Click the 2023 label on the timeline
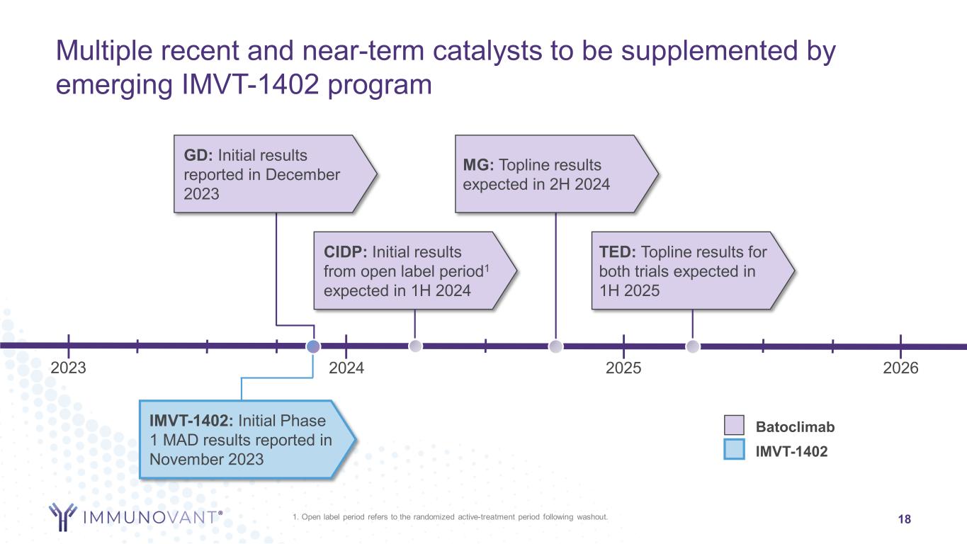point(69,368)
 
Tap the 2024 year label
point(346,368)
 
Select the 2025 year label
point(624,368)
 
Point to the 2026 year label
point(900,368)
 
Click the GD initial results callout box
point(269,174)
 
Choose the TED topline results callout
point(687,271)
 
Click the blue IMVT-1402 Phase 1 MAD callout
point(241,439)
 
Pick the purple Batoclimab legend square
point(734,426)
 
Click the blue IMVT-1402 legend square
point(734,450)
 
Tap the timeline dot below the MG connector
point(556,346)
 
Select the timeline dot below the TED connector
point(693,346)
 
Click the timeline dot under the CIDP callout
point(416,346)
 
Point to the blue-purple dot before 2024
point(314,346)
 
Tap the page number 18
point(904,520)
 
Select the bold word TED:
point(617,252)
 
